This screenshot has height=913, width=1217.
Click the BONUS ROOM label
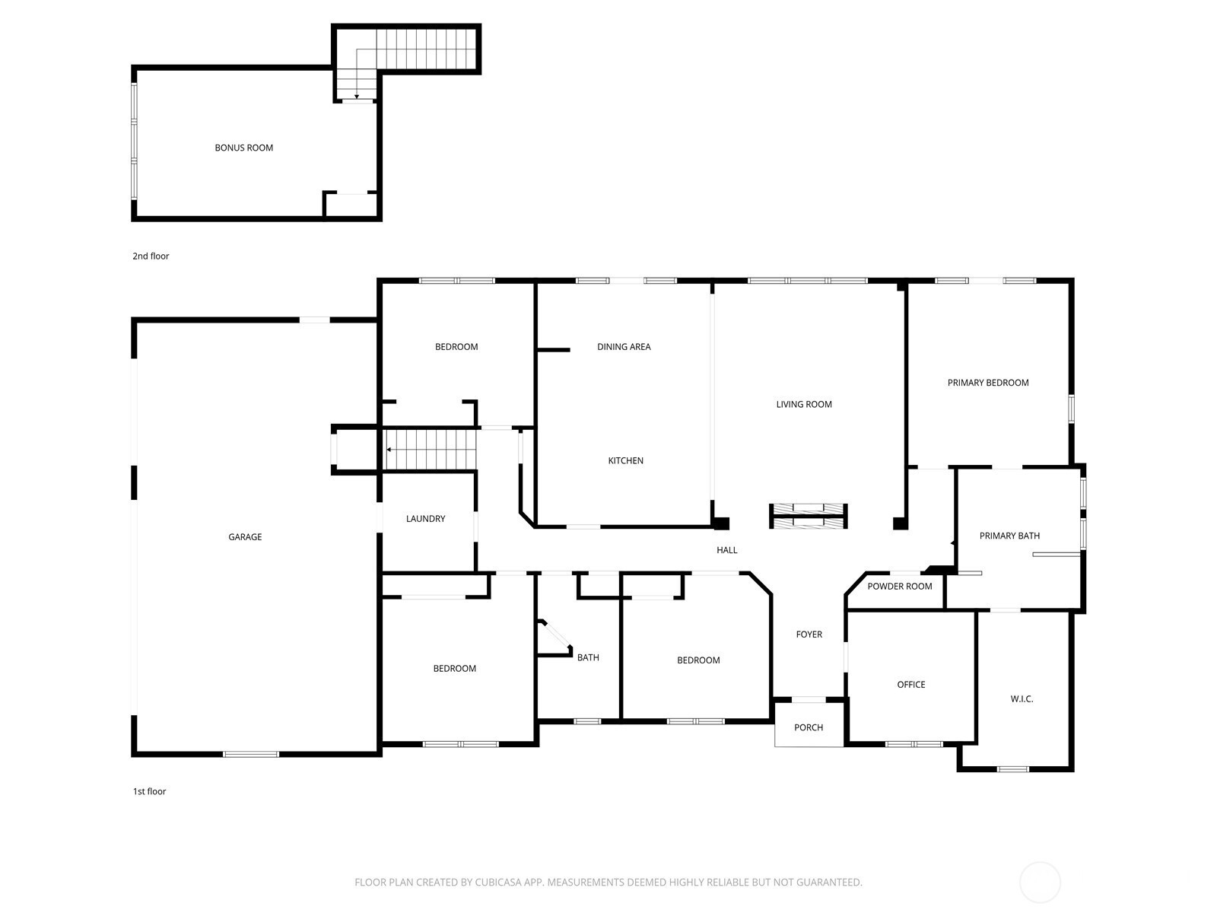click(244, 148)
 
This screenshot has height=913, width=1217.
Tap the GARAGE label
click(245, 536)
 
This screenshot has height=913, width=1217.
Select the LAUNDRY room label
click(425, 518)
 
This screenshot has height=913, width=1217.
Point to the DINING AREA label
click(624, 346)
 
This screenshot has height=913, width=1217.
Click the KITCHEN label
click(625, 460)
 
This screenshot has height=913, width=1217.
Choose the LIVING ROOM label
click(804, 404)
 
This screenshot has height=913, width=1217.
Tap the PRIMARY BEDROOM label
click(988, 383)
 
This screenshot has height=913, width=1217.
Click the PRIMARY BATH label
click(1009, 536)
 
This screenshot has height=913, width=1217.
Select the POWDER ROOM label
click(900, 586)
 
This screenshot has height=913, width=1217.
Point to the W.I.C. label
click(1022, 698)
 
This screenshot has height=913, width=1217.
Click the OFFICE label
click(911, 684)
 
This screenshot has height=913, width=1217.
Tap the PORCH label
click(809, 727)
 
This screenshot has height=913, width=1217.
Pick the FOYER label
click(809, 634)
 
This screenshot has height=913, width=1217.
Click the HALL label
click(727, 550)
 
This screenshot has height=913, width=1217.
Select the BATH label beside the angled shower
click(588, 657)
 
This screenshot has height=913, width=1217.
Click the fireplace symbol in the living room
click(809, 516)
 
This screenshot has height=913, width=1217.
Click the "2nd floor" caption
click(151, 256)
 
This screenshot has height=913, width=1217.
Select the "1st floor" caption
click(149, 791)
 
